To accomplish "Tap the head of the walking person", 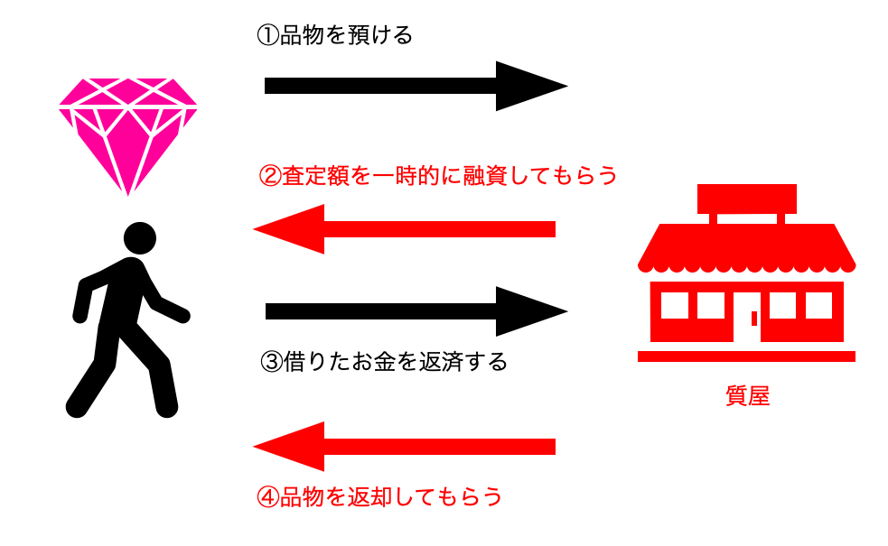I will coord(139,238).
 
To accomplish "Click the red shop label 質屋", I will coord(747,396).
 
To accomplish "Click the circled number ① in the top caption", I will coord(267,36).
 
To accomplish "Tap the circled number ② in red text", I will coord(268,175).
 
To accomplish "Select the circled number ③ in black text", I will coord(269,362).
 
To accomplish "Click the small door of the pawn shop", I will coord(753,318).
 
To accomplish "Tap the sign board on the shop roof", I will coord(746,197).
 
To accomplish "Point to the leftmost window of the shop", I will coord(674,306).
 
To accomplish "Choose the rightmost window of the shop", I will coord(818,306).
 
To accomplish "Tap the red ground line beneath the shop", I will coord(746,356).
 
